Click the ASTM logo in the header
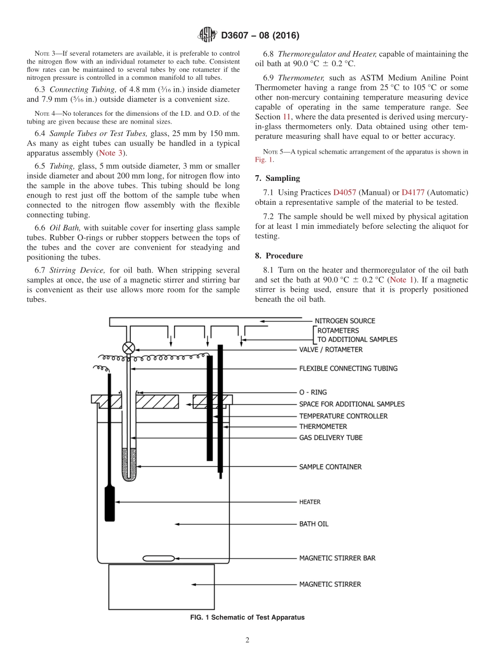208,35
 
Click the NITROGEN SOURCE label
344,321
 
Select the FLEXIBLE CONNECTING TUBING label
348,369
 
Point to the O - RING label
313,392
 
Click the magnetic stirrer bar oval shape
158,558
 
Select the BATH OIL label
314,524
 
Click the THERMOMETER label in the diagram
323,427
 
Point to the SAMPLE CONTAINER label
330,467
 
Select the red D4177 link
412,192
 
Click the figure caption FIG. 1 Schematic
247,618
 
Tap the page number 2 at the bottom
247,641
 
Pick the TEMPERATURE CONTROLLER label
343,416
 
